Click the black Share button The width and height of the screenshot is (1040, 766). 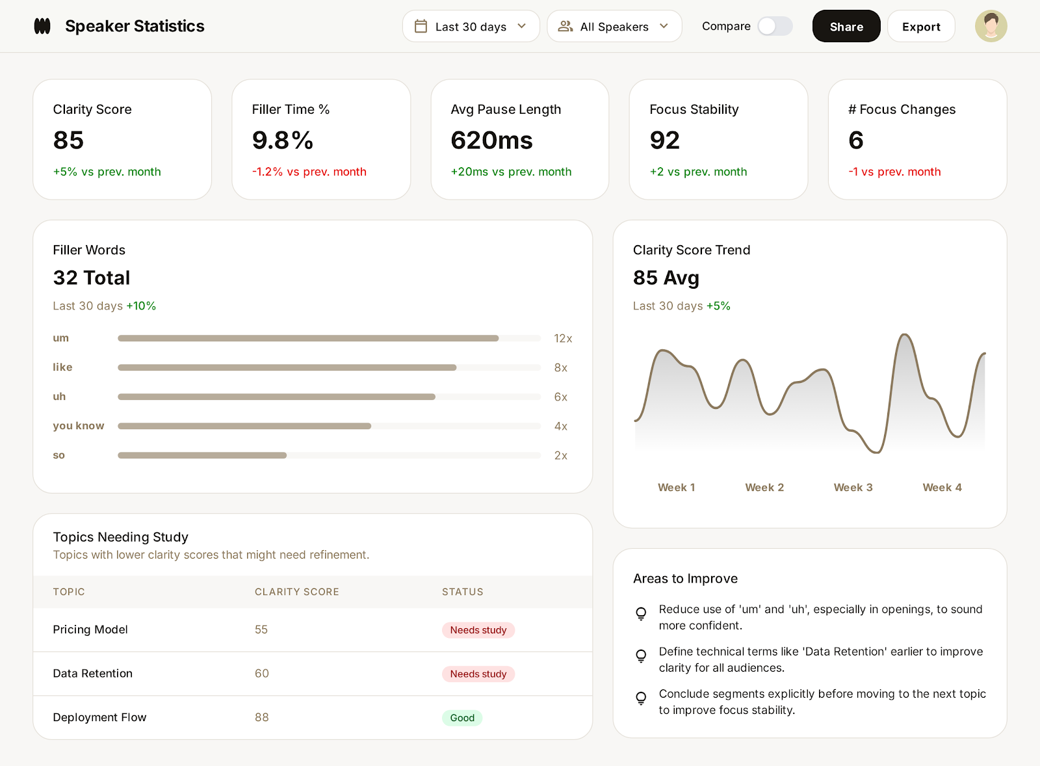(x=846, y=27)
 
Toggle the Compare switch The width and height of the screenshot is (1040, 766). (x=775, y=27)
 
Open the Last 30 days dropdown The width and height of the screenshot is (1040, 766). (x=471, y=27)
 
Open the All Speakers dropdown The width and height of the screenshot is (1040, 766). (x=614, y=27)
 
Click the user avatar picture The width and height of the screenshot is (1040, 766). (x=991, y=26)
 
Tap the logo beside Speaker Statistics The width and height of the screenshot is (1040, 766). (x=42, y=26)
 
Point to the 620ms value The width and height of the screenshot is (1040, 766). (x=491, y=140)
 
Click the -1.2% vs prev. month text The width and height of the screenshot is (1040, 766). (x=309, y=172)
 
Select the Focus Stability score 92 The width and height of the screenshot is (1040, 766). (x=664, y=140)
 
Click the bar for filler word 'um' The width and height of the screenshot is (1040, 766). (x=308, y=338)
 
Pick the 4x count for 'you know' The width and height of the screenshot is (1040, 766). (x=560, y=427)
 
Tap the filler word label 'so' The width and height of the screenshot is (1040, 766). (x=58, y=455)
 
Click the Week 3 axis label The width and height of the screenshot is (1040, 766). (x=853, y=488)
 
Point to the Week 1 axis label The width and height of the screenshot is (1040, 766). (x=676, y=488)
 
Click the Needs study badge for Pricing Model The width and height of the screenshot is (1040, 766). (x=478, y=630)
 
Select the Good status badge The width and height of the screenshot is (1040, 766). (x=462, y=718)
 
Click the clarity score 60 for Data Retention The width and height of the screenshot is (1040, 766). (x=261, y=674)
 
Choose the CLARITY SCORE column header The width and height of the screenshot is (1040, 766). (x=296, y=592)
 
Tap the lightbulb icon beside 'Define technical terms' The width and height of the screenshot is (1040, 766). (x=641, y=655)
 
